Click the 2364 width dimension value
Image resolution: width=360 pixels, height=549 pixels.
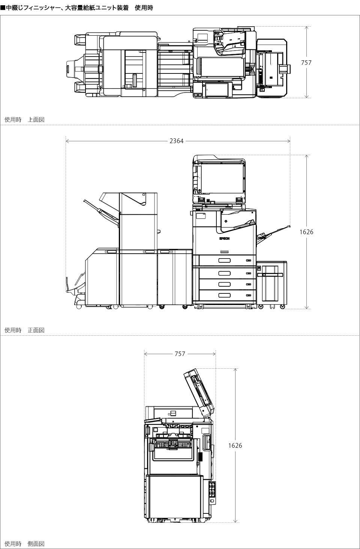pos(176,141)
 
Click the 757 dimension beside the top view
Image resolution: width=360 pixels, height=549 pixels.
pos(306,63)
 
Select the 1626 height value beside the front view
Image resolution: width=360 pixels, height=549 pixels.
pos(306,232)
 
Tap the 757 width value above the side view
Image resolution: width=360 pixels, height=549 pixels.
pos(180,354)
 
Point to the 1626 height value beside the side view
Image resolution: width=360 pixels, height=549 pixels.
pos(235,446)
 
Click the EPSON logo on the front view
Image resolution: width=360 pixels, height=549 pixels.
pos(224,238)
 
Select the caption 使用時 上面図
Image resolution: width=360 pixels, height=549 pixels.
pos(24,120)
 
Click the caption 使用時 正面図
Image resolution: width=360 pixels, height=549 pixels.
pos(24,330)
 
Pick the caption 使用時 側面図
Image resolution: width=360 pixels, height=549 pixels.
pos(24,544)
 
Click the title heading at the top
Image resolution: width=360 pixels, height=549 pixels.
pos(77,8)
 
